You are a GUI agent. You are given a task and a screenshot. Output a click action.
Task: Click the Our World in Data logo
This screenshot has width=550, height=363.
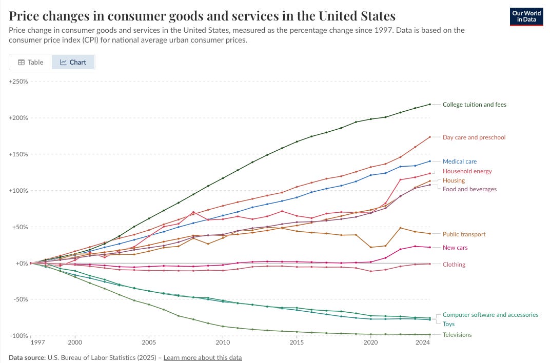pyautogui.click(x=526, y=16)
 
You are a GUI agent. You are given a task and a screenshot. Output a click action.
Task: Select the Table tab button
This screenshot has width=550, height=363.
pyautogui.click(x=31, y=62)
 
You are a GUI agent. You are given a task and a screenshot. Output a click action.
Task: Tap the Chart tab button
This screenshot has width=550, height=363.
pyautogui.click(x=73, y=62)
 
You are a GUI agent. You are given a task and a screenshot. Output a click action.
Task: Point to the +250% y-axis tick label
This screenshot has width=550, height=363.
pyautogui.click(x=18, y=82)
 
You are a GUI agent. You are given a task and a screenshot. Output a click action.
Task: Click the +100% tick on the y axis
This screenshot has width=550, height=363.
pyautogui.click(x=18, y=191)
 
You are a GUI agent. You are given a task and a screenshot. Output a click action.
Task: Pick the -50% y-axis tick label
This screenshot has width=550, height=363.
pyautogui.click(x=19, y=299)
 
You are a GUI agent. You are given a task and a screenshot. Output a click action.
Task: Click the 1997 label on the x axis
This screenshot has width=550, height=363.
pyautogui.click(x=37, y=341)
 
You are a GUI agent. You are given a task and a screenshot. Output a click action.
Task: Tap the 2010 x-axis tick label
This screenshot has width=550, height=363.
pyautogui.click(x=223, y=341)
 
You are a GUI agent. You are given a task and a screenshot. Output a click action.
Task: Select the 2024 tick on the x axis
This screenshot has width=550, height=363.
pyautogui.click(x=422, y=341)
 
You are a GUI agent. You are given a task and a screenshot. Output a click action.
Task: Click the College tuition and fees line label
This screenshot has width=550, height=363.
pyautogui.click(x=474, y=105)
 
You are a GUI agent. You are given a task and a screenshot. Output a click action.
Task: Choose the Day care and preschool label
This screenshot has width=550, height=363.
pyautogui.click(x=474, y=137)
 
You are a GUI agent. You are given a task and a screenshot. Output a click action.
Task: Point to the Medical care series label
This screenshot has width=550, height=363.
pyautogui.click(x=460, y=162)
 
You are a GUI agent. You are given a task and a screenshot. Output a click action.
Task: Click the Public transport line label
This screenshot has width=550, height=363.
pyautogui.click(x=464, y=234)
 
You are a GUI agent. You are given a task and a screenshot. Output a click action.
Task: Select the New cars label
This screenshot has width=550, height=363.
pyautogui.click(x=455, y=248)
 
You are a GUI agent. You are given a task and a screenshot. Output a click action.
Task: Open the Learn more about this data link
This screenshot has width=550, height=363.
pyautogui.click(x=203, y=357)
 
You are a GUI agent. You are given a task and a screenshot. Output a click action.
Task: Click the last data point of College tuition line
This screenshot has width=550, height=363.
pyautogui.click(x=429, y=105)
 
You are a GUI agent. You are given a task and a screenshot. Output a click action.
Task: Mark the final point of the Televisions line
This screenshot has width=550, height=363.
pyautogui.click(x=429, y=334)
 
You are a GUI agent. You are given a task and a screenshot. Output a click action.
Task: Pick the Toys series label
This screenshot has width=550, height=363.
pyautogui.click(x=448, y=324)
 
